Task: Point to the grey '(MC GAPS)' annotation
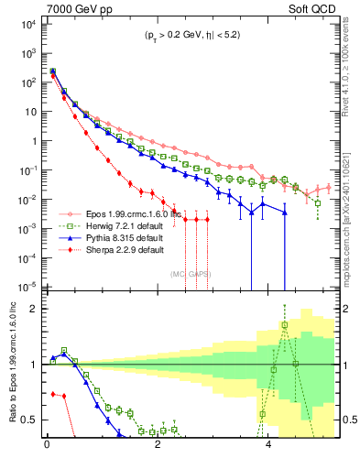[192, 272]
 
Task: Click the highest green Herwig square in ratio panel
[285, 324]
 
